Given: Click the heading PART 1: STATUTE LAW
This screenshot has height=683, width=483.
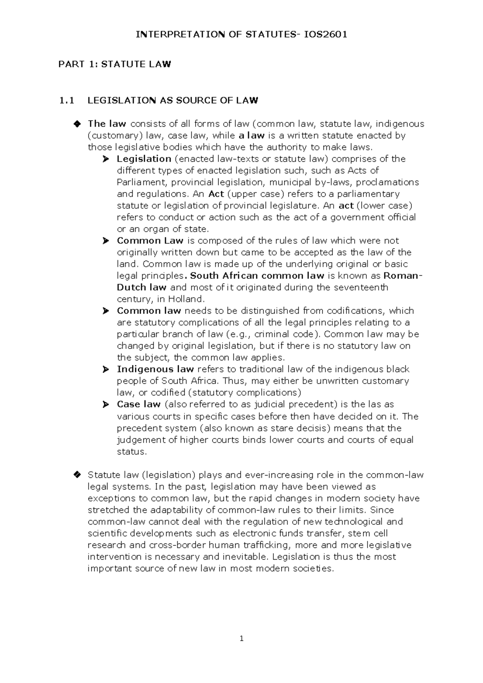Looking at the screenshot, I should (115, 64).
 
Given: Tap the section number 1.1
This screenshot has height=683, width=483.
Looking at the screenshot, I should (66, 101).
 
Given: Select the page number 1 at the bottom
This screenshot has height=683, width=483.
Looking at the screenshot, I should (242, 639).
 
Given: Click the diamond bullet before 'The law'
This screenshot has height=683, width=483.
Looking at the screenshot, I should (77, 124).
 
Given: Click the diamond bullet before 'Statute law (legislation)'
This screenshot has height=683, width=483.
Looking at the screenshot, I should (77, 475).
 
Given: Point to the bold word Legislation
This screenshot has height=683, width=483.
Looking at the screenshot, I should (144, 159).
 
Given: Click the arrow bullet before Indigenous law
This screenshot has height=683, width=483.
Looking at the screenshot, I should (106, 369).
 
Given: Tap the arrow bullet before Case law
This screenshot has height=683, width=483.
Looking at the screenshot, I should (106, 405).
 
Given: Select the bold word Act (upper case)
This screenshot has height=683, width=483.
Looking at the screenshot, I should (216, 194).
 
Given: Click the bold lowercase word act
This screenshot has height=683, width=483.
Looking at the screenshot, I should (346, 206).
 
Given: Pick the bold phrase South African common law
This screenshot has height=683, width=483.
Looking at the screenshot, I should (257, 276).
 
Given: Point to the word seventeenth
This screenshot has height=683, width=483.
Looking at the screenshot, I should (360, 288).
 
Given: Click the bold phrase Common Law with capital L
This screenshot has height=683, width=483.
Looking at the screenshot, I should (150, 241).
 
